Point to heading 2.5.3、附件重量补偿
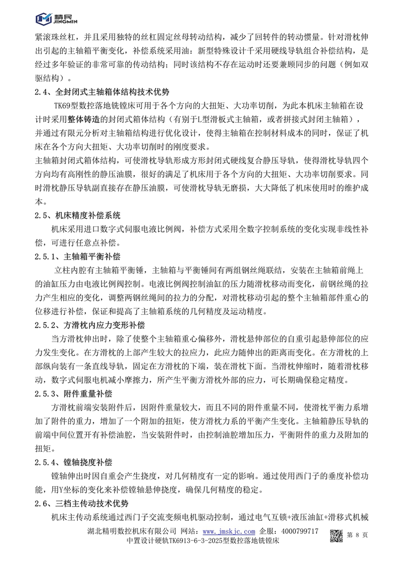click(81, 393)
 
